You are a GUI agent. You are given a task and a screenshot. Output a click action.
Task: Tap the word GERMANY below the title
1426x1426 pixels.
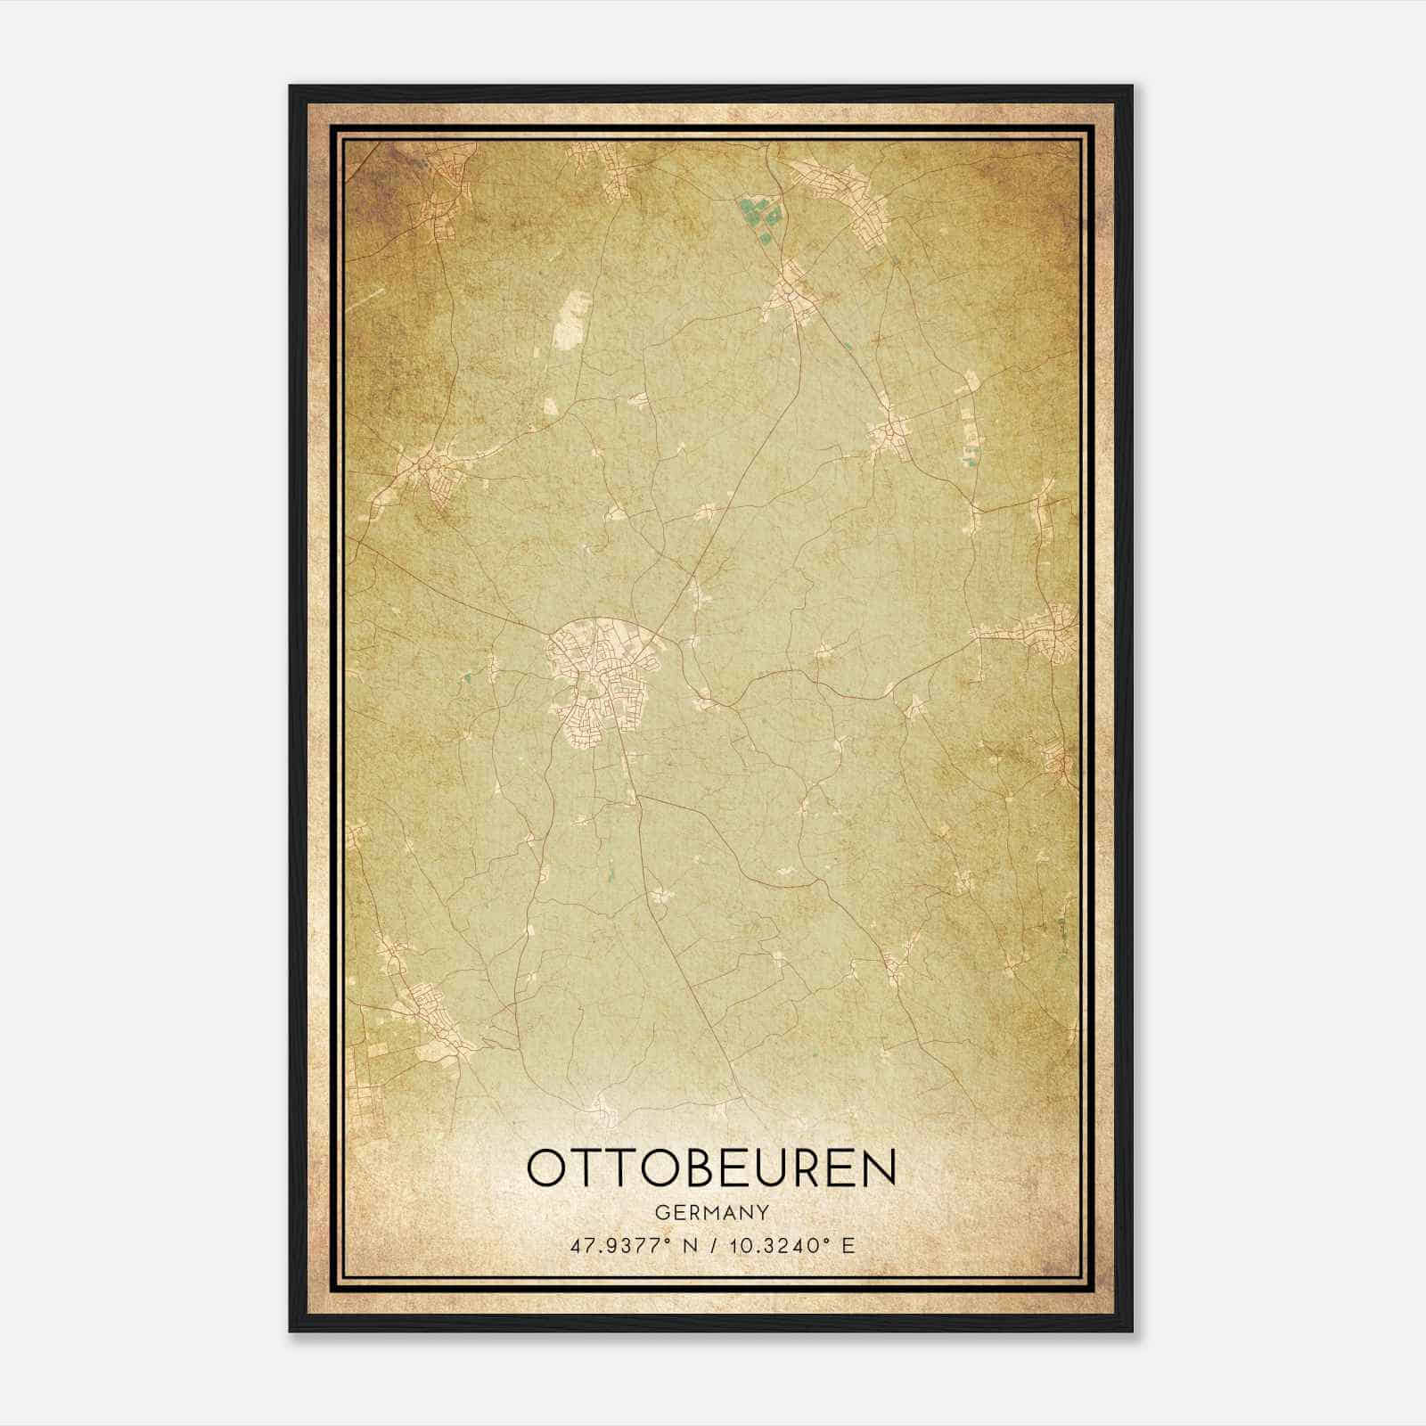pyautogui.click(x=712, y=1212)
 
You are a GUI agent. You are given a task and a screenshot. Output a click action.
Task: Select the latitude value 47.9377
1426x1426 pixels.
pyautogui.click(x=616, y=1245)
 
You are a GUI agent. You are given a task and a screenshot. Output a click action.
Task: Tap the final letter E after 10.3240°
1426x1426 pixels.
pyautogui.click(x=848, y=1245)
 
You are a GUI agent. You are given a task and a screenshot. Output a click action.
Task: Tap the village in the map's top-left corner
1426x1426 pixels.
pyautogui.click(x=446, y=178)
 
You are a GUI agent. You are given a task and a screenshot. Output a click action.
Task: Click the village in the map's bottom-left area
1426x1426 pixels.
pyautogui.click(x=428, y=1016)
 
